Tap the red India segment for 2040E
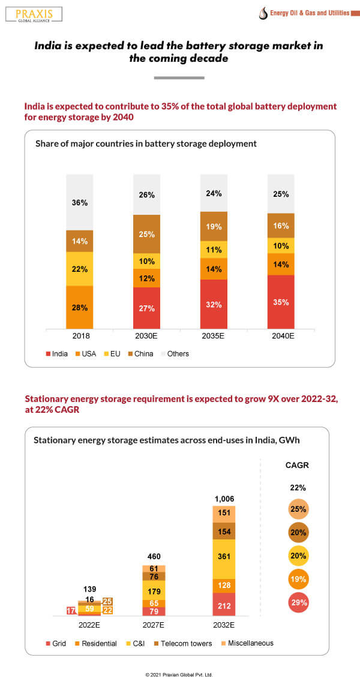(x=281, y=302)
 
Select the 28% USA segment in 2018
(x=80, y=307)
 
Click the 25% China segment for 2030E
(x=147, y=233)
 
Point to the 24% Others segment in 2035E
(x=214, y=193)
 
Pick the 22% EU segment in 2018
(x=80, y=269)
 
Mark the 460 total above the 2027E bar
(x=154, y=557)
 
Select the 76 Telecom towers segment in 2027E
(x=154, y=577)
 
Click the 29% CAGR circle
(x=298, y=602)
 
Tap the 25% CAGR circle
(x=298, y=509)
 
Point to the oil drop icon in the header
(x=262, y=13)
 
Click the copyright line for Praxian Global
(x=179, y=674)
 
